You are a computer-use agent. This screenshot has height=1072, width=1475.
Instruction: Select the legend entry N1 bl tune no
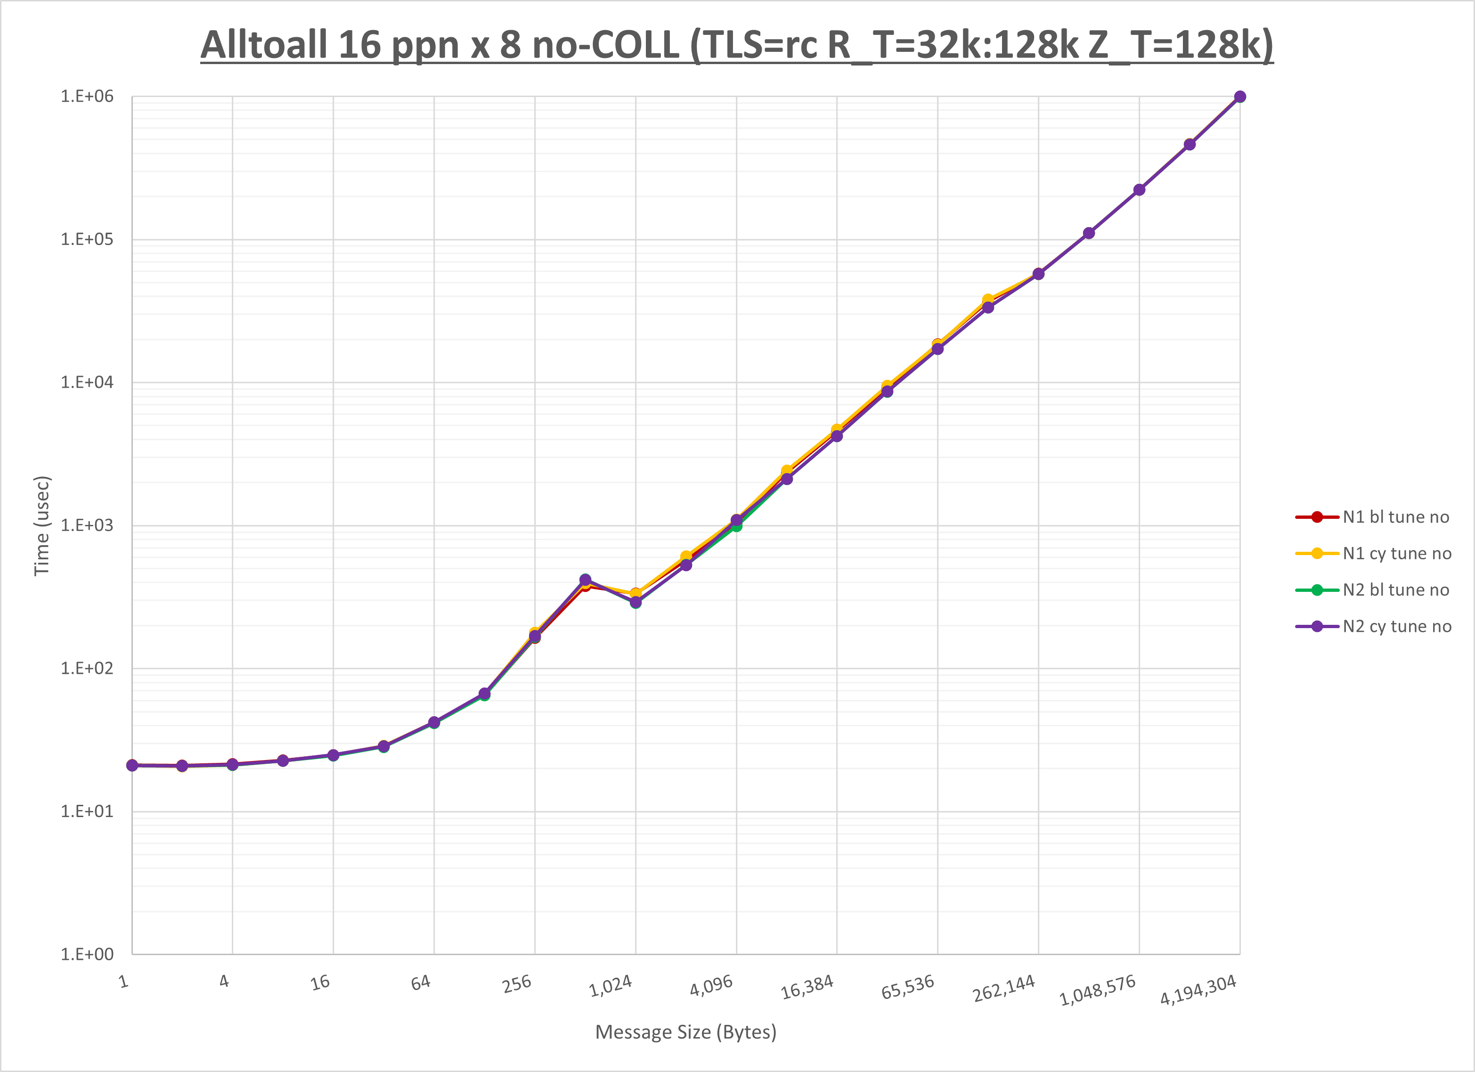click(x=1396, y=517)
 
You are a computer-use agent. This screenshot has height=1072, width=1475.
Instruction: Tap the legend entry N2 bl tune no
click(x=1396, y=590)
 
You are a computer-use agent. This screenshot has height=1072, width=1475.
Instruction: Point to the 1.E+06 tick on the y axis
click(x=87, y=96)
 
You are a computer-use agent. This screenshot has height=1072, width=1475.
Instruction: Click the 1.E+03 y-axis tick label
click(x=87, y=525)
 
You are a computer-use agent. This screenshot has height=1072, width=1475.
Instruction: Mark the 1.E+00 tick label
click(x=87, y=954)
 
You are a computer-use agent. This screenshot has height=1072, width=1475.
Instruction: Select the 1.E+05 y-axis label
click(x=87, y=239)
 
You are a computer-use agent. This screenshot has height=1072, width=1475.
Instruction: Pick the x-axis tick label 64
click(x=421, y=982)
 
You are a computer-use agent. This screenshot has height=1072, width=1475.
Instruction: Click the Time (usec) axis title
click(x=41, y=525)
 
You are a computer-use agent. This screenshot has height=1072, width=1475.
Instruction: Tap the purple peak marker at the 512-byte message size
click(x=585, y=580)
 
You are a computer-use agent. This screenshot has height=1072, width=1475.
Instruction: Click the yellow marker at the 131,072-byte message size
click(x=988, y=300)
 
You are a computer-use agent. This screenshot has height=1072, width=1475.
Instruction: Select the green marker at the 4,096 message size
click(x=736, y=525)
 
